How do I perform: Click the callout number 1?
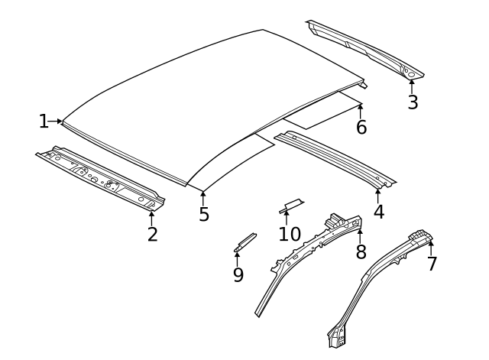point(44,121)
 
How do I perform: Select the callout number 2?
point(152,235)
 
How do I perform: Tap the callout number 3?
point(413,102)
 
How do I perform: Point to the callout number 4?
point(378,210)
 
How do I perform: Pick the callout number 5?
point(204,215)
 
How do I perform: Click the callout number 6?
point(361,128)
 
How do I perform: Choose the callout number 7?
point(432,264)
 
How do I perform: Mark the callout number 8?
point(361,251)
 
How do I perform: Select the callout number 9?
point(238,274)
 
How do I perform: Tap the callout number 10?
point(290,233)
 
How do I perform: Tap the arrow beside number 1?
point(56,121)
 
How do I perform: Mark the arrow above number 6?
point(360,109)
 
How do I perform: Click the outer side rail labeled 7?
point(382,283)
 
